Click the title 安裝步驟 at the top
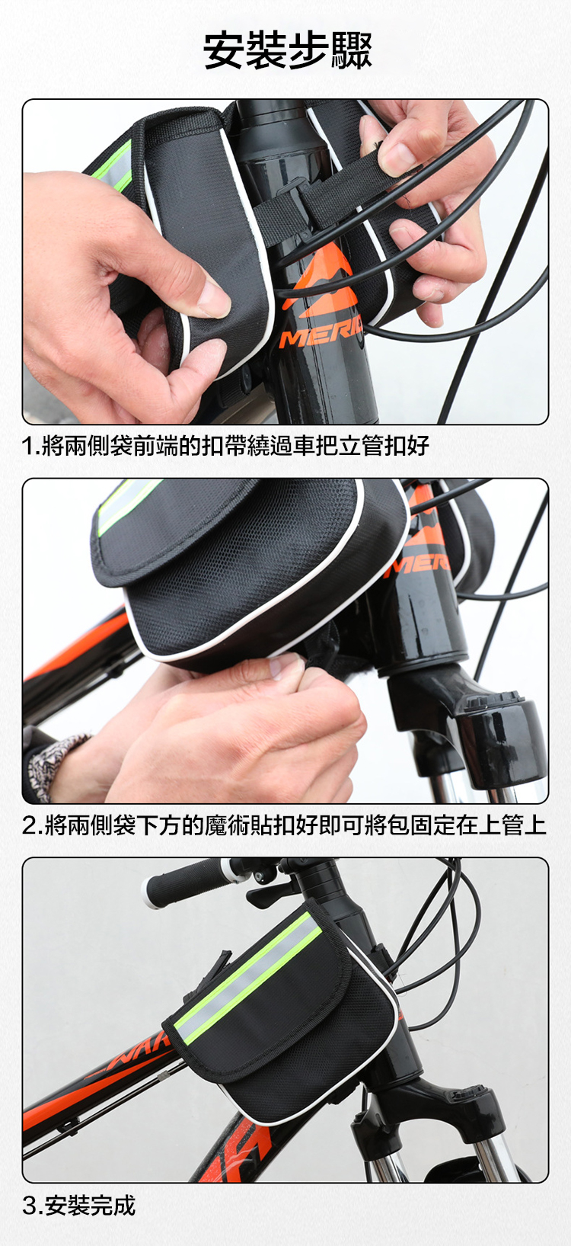coord(287,50)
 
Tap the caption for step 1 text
coord(225,446)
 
